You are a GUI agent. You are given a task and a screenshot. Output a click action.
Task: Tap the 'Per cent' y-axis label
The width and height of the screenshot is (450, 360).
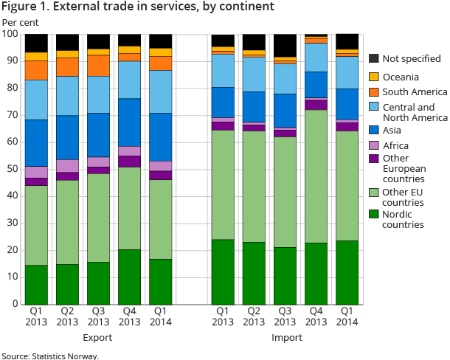(18, 21)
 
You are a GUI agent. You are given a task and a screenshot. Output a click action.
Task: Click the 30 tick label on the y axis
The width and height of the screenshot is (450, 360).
(11, 224)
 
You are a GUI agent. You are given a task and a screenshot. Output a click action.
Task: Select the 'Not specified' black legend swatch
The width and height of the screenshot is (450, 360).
(374, 59)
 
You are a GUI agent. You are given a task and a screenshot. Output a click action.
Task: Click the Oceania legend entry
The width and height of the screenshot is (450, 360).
(401, 76)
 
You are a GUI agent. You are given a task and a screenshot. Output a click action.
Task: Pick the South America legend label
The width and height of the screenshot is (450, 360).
(415, 92)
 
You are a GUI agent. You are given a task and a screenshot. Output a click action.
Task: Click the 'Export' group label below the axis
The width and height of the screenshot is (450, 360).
(97, 338)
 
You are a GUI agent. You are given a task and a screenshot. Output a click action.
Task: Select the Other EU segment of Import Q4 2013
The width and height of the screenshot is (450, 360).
(317, 176)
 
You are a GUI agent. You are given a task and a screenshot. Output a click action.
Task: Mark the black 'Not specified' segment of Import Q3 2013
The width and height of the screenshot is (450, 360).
(285, 45)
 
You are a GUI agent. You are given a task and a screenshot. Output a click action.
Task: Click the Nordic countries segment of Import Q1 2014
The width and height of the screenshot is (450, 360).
(347, 272)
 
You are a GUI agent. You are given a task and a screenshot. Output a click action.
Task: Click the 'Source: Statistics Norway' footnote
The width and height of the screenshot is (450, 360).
(49, 356)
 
